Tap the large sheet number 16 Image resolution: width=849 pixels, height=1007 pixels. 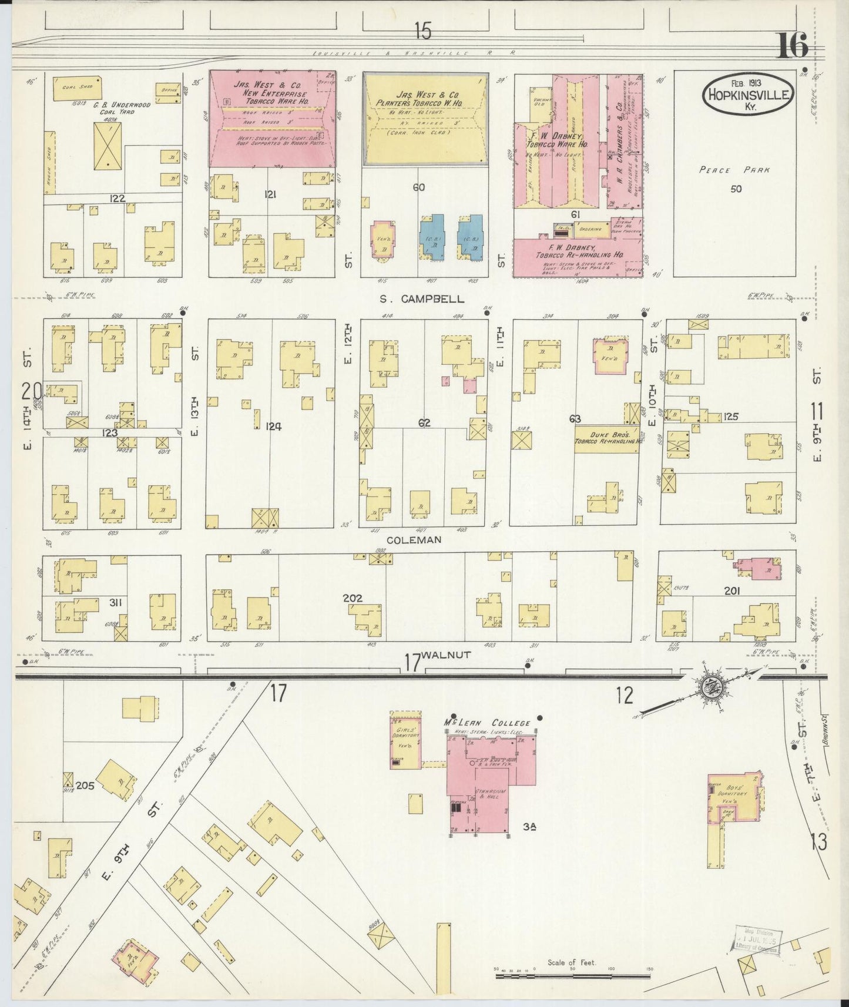(x=793, y=46)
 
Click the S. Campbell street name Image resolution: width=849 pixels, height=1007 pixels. (x=421, y=299)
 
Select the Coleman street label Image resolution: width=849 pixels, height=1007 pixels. (x=414, y=539)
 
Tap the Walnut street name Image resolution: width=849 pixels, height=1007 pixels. (x=446, y=655)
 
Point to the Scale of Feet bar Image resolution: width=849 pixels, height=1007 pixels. (x=573, y=975)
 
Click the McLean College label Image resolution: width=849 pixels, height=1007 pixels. (x=487, y=723)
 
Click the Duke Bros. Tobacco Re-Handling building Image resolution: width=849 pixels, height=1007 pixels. (x=606, y=439)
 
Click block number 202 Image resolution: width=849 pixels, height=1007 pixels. (x=353, y=598)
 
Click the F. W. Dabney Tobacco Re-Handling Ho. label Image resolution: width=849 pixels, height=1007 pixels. (x=579, y=251)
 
